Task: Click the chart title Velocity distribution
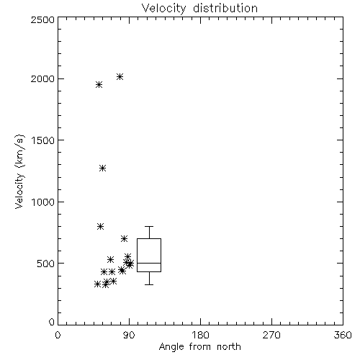199,9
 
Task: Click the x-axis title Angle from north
199,347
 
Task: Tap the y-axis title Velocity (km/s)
19,171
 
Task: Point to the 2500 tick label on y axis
42,19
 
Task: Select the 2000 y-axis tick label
42,78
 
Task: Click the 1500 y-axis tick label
43,140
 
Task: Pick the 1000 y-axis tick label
43,202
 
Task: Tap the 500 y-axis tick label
46,264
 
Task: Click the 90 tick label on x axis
129,335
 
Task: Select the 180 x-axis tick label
200,335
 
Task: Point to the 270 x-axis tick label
271,335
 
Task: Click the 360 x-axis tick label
343,335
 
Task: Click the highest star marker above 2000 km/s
120,77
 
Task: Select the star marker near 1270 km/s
103,168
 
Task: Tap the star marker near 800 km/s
101,226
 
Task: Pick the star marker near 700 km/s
124,238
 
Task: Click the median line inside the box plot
149,264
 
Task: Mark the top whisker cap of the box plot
149,226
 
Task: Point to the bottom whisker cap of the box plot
149,284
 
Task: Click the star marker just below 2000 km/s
99,84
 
